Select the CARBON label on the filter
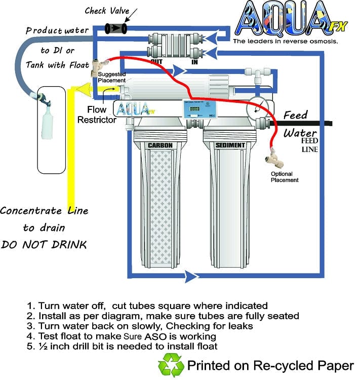(x=160, y=146)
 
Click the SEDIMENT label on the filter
(x=230, y=146)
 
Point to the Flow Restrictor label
(x=97, y=115)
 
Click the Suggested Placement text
(x=112, y=78)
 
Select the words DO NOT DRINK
(x=44, y=245)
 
